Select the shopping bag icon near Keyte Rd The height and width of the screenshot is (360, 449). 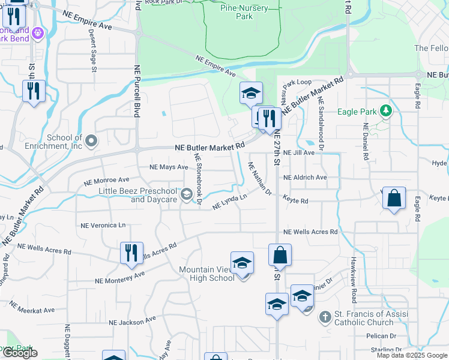[394, 199]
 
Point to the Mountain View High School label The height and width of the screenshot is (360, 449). [207, 274]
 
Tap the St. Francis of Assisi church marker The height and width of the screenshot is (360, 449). [325, 317]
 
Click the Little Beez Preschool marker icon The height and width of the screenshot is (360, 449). [186, 193]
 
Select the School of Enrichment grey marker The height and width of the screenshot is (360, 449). [91, 141]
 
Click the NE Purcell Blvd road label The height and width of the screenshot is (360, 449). [137, 90]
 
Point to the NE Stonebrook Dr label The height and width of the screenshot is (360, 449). [198, 179]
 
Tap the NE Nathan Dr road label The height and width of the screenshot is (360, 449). [260, 179]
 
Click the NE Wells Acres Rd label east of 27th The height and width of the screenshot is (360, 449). [310, 232]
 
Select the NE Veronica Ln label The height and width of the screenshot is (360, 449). [103, 225]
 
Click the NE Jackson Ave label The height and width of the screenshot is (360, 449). [133, 322]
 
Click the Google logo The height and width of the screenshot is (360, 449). [20, 353]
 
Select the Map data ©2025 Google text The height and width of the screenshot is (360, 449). [412, 355]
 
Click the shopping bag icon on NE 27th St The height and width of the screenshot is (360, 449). [280, 256]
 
